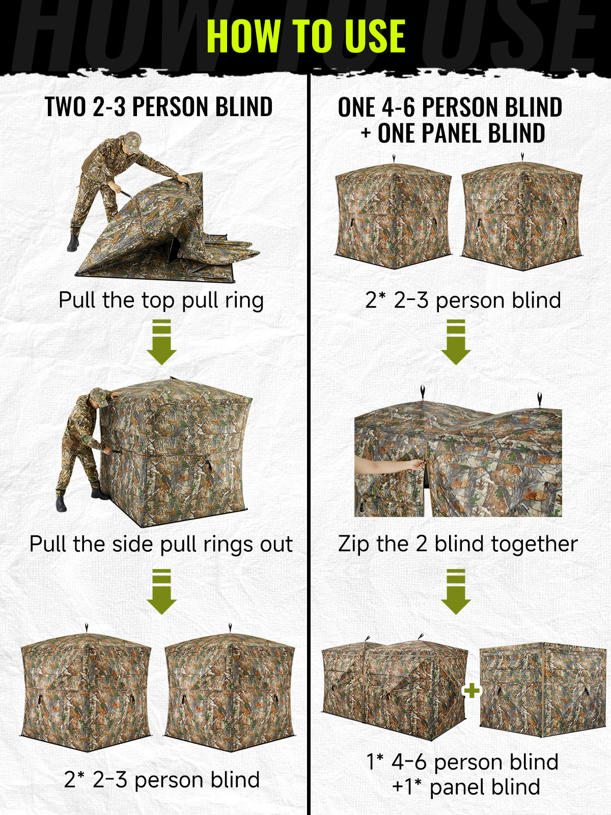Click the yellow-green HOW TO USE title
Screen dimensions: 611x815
point(306,36)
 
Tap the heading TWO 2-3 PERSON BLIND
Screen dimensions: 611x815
point(159,106)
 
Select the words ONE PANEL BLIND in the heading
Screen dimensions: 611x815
point(461,133)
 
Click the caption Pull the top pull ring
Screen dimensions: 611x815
point(161,300)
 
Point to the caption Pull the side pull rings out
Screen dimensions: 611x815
point(161,545)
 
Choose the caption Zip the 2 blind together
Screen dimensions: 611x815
point(458,545)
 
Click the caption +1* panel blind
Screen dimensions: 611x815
point(466,787)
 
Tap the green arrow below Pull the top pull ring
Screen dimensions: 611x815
point(161,342)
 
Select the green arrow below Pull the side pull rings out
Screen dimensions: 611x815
point(161,591)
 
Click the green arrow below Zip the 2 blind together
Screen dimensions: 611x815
point(456,591)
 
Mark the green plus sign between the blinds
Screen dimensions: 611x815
point(471,691)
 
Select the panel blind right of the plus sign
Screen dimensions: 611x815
point(543,690)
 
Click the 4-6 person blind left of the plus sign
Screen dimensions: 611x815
point(394,687)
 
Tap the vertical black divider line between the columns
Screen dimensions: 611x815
point(308,444)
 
